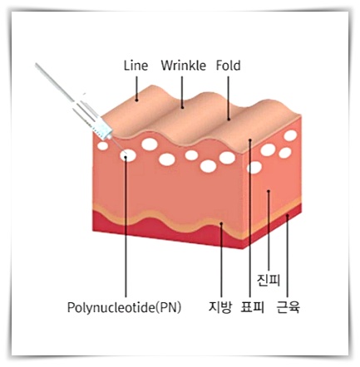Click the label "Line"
pyautogui.click(x=136, y=66)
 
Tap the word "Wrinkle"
pyautogui.click(x=184, y=66)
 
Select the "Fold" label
pyautogui.click(x=228, y=66)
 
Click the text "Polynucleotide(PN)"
pyautogui.click(x=124, y=307)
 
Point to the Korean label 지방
pyautogui.click(x=220, y=307)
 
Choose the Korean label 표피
pyautogui.click(x=252, y=307)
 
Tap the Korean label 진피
pyautogui.click(x=269, y=281)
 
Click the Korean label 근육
pyautogui.click(x=288, y=307)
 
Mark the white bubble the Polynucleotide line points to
pyautogui.click(x=128, y=155)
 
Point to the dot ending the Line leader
pyautogui.click(x=136, y=100)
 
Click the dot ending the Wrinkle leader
pyautogui.click(x=182, y=107)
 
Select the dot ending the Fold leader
pyautogui.click(x=229, y=120)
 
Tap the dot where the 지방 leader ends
pyautogui.click(x=221, y=223)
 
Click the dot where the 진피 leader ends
pyautogui.click(x=269, y=191)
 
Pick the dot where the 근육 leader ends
pyautogui.click(x=288, y=216)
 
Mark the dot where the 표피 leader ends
pyautogui.click(x=250, y=140)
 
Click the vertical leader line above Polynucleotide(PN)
pyautogui.click(x=126, y=228)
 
